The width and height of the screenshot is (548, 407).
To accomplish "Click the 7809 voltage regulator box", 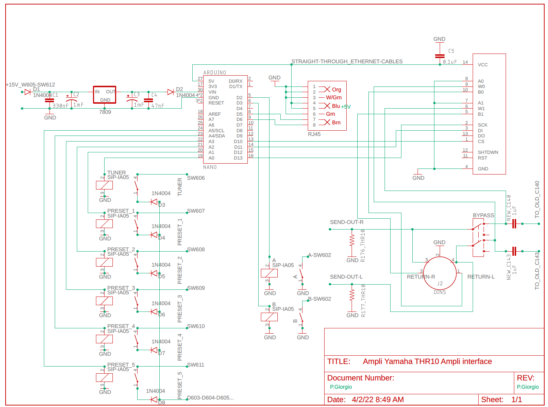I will [105, 95].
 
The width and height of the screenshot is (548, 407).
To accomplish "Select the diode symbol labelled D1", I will [27, 92].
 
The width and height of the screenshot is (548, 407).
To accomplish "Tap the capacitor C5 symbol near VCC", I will [440, 56].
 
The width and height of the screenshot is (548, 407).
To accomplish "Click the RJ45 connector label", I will [314, 134].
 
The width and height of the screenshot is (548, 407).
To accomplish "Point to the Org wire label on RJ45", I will [337, 89].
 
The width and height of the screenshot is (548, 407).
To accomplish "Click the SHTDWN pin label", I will [488, 152].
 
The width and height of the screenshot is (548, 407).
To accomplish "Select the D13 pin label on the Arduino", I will [238, 158].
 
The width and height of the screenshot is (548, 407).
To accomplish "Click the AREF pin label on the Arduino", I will [214, 114].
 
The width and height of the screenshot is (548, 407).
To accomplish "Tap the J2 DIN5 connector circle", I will [440, 273].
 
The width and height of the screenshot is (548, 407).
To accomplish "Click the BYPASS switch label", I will [483, 215].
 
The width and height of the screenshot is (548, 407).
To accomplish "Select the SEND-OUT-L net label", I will [346, 277].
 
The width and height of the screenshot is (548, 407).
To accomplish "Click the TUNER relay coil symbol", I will [104, 185].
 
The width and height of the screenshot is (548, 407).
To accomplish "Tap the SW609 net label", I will [196, 288].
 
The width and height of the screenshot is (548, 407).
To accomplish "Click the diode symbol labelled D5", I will [154, 273].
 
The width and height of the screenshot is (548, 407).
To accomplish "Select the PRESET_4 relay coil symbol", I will [104, 339].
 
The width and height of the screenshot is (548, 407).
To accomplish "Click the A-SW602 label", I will [319, 255].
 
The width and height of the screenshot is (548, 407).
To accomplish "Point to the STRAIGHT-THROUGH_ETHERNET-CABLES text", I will [347, 61].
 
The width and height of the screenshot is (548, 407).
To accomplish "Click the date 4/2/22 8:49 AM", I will [377, 400].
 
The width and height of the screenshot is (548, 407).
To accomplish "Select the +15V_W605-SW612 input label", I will [30, 85].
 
